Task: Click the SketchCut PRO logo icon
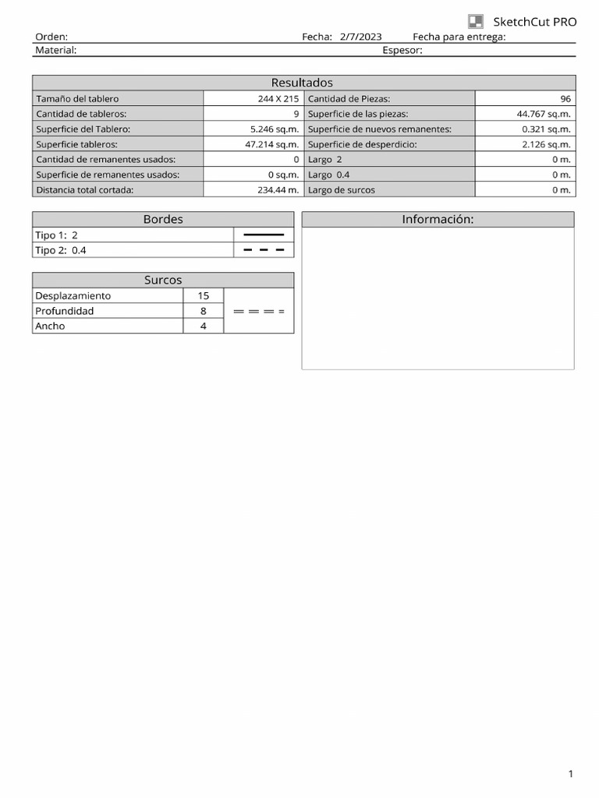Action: (475, 22)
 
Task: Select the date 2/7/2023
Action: (360, 37)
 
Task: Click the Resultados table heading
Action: (302, 83)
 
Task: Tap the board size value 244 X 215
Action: (278, 99)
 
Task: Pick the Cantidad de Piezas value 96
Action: (565, 99)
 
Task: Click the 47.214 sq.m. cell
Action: (271, 144)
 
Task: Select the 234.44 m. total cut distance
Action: (278, 189)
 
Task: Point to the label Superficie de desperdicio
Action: (363, 144)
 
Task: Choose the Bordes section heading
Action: (163, 220)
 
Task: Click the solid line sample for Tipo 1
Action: (264, 235)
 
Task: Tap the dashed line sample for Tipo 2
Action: (264, 250)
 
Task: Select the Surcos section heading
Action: (163, 280)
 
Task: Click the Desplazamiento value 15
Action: (203, 296)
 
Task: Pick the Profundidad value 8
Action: (203, 311)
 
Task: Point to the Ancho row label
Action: (50, 326)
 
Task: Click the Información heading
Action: (438, 220)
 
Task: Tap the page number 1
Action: (570, 774)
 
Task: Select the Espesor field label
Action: (402, 51)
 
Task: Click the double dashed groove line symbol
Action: (259, 311)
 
